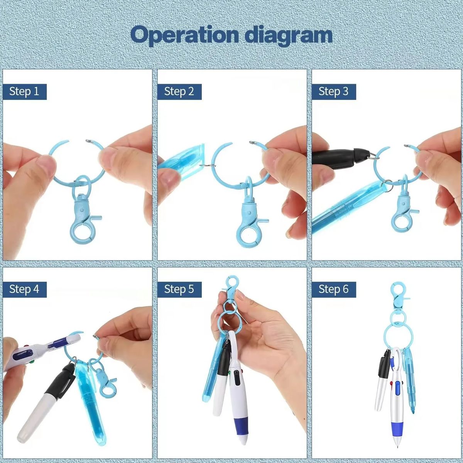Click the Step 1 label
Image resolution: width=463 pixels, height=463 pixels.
point(25,91)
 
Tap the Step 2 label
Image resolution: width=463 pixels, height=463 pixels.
point(179,91)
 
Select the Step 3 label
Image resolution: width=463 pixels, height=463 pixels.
point(334,91)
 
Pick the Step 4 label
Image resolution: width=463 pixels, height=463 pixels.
point(25,289)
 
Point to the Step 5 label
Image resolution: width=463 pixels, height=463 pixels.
point(179,289)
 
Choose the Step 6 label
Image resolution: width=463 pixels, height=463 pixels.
point(334,289)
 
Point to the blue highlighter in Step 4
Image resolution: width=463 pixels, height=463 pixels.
point(91,403)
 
